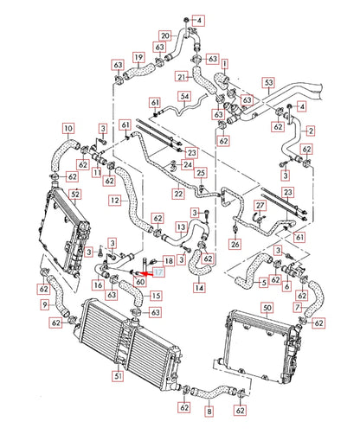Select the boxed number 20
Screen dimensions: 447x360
164,35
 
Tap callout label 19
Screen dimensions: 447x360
138,58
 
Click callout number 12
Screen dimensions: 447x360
112,201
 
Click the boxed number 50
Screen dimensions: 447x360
267,307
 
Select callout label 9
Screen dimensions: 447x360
44,304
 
